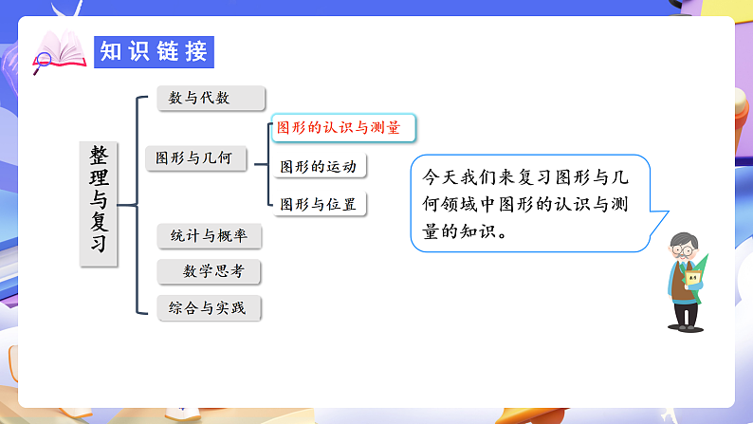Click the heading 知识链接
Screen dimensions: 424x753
pyautogui.click(x=154, y=51)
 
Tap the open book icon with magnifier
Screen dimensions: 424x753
pyautogui.click(x=58, y=52)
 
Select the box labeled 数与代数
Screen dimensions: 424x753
pyautogui.click(x=211, y=98)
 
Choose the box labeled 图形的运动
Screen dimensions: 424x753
pyautogui.click(x=319, y=167)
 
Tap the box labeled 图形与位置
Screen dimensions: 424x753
pyautogui.click(x=319, y=204)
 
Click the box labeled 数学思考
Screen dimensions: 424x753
pyautogui.click(x=209, y=271)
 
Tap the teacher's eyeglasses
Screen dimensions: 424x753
pyautogui.click(x=685, y=250)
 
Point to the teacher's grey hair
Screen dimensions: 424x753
pyautogui.click(x=684, y=236)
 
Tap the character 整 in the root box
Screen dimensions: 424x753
pyautogui.click(x=99, y=157)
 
